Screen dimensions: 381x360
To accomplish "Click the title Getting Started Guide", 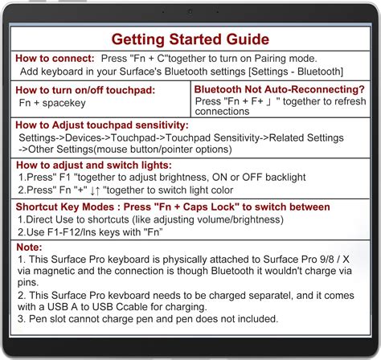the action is pyautogui.click(x=190, y=39).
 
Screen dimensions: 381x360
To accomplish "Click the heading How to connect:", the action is pyautogui.click(x=55, y=59).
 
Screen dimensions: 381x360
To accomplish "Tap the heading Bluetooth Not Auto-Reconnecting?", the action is pyautogui.click(x=280, y=89).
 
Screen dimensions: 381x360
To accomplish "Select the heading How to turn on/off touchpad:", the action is pyautogui.click(x=85, y=90).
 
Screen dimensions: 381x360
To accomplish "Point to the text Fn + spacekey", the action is pyautogui.click(x=52, y=103).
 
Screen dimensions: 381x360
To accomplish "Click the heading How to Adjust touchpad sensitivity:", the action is pyautogui.click(x=102, y=125).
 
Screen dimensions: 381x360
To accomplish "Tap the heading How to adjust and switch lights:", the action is pyautogui.click(x=94, y=166).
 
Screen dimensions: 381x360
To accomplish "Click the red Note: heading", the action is pyautogui.click(x=29, y=247).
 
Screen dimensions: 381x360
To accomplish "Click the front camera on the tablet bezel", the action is pyautogui.click(x=190, y=11).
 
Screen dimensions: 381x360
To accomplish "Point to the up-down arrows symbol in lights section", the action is pyautogui.click(x=95, y=190).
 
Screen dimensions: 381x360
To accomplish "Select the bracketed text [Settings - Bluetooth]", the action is pyautogui.click(x=296, y=72).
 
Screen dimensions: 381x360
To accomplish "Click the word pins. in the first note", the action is pyautogui.click(x=28, y=283).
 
